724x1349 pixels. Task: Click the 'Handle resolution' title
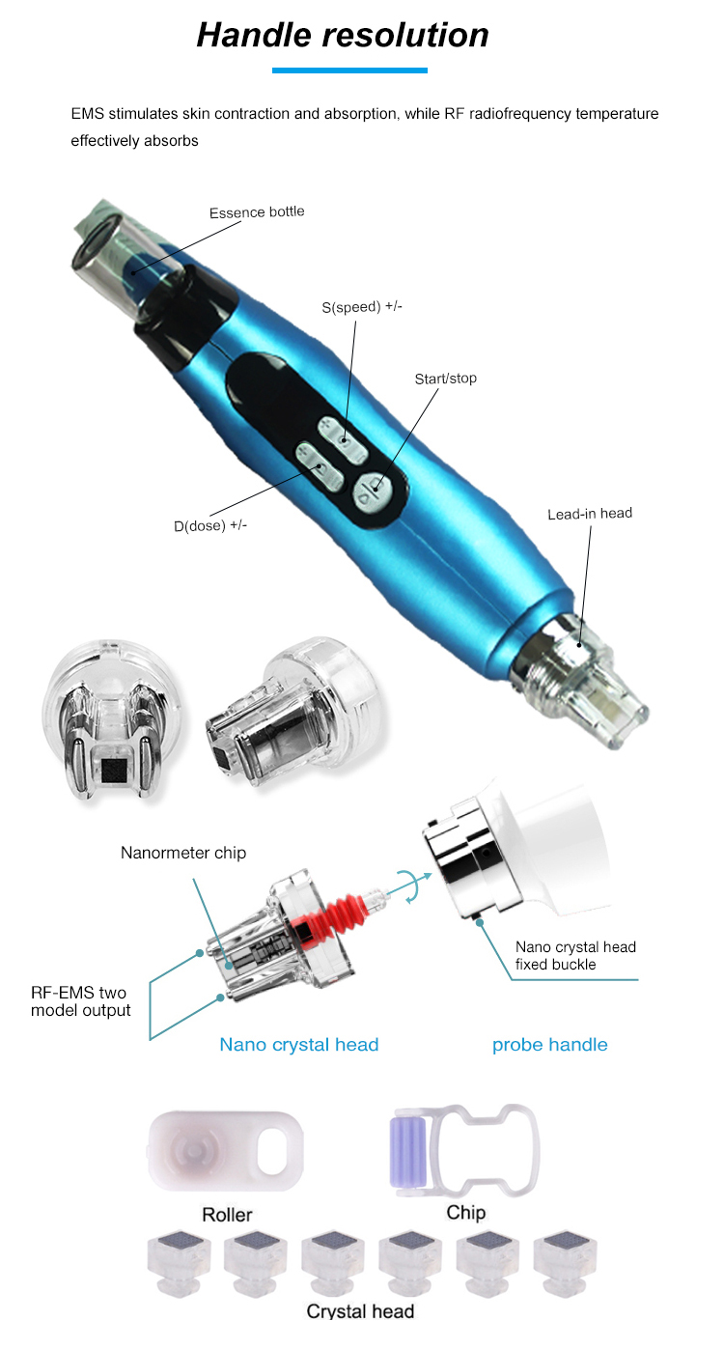343,35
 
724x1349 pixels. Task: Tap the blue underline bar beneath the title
349,70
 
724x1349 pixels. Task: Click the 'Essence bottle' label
257,211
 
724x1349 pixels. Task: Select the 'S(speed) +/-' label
362,307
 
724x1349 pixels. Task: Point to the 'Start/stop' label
445,378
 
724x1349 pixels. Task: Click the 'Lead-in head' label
589,513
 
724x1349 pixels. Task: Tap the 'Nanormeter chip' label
183,853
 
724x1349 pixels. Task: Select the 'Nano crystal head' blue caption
299,1044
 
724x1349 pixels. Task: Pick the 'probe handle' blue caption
549,1044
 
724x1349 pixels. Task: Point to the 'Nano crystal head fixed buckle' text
575,955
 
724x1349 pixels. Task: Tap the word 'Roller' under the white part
227,1214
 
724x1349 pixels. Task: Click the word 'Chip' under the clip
465,1212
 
